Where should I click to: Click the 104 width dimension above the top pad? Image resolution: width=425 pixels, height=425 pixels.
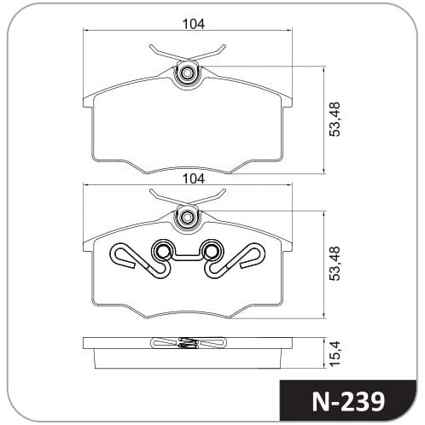(194, 24)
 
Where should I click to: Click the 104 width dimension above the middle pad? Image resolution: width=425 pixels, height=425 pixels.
(194, 178)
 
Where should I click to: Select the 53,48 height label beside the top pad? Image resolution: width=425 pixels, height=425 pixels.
(335, 119)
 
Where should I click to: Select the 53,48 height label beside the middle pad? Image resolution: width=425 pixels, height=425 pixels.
(335, 264)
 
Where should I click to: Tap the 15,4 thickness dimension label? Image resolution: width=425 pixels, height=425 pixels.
(335, 353)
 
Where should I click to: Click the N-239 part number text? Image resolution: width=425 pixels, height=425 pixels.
(348, 402)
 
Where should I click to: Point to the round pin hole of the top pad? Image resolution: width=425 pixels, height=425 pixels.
(187, 73)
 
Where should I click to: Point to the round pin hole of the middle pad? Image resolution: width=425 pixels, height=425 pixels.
(187, 218)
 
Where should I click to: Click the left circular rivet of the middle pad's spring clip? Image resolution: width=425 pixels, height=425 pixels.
(162, 251)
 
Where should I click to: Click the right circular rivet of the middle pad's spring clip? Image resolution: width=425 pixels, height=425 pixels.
(211, 251)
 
